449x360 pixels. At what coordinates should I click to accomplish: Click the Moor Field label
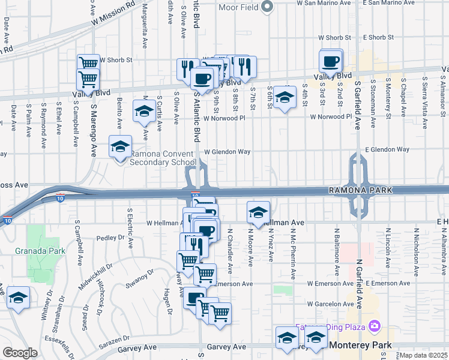[x=237, y=7]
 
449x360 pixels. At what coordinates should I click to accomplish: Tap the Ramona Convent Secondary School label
[x=163, y=158]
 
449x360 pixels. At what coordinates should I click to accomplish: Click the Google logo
[x=20, y=353]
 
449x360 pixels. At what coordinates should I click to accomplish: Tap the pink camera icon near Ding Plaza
[x=375, y=327]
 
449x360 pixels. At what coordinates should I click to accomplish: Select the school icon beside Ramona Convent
[x=121, y=146]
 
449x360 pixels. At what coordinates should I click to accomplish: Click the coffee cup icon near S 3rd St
[x=331, y=61]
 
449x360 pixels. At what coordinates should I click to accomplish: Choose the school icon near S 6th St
[x=286, y=97]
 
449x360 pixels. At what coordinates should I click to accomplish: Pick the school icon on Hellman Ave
[x=258, y=212]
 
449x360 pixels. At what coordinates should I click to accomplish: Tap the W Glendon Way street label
[x=228, y=152]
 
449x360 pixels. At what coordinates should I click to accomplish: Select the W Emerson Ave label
[x=328, y=283]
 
